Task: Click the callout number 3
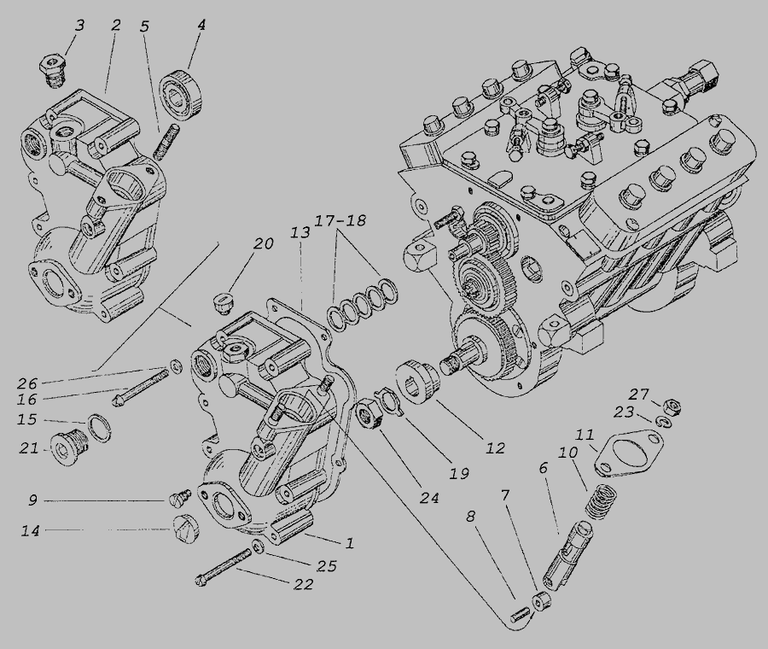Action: [79, 26]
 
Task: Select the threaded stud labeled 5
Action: [166, 142]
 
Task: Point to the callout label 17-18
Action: [340, 220]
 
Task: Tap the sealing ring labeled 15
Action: [99, 428]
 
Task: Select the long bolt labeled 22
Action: [223, 568]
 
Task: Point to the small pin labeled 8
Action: [519, 613]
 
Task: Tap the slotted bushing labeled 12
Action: [420, 382]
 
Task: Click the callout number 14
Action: [30, 530]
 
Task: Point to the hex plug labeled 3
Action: [54, 72]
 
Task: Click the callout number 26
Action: [27, 383]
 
